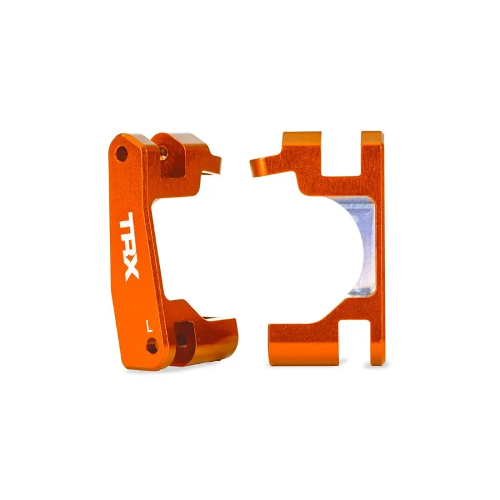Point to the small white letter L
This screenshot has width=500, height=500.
[147, 325]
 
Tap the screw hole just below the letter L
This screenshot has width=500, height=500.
[151, 345]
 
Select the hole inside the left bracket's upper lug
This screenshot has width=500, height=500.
[164, 151]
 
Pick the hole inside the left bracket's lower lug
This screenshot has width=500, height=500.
[181, 338]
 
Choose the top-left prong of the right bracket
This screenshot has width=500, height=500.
[301, 150]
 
